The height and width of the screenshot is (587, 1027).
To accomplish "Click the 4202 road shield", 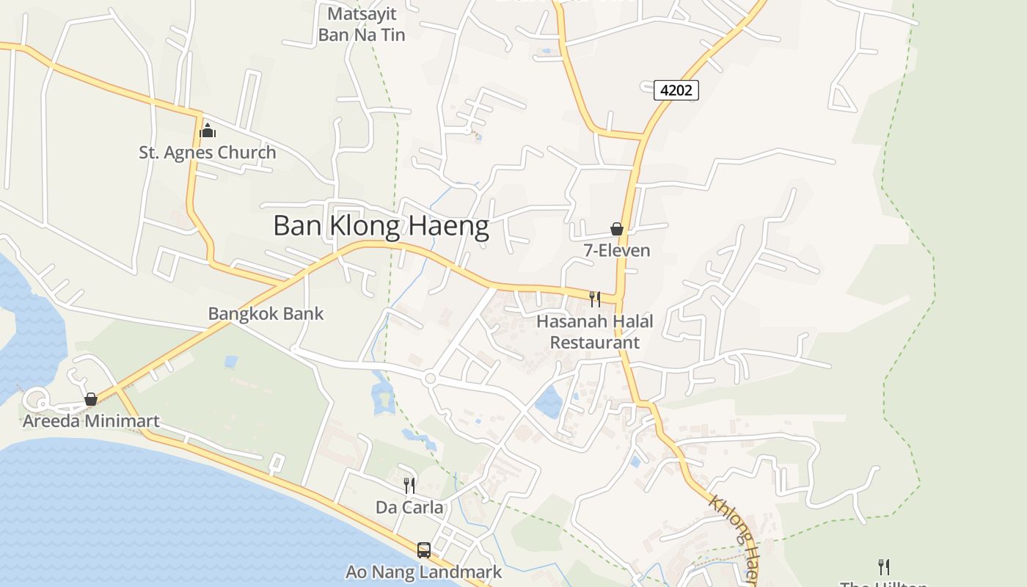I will tap(676, 90).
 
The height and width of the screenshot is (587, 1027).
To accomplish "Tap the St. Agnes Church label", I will tap(208, 153).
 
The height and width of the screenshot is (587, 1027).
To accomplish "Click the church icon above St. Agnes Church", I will tap(208, 131).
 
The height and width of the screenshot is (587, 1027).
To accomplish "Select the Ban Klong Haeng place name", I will tap(381, 226).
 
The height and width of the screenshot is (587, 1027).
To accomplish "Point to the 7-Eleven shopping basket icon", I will tap(617, 229).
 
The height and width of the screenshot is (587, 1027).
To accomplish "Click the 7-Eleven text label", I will tap(617, 250).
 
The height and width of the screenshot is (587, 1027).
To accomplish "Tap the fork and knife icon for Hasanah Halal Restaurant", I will tap(595, 299).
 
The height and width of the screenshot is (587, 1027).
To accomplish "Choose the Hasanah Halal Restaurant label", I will tap(595, 332).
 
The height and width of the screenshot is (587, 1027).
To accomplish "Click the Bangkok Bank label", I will tap(266, 313).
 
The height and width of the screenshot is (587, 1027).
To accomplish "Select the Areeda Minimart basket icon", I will tap(91, 399).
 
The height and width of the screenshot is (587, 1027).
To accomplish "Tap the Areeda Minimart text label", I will tap(91, 421).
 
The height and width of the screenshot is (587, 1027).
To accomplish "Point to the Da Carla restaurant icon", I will tap(409, 485).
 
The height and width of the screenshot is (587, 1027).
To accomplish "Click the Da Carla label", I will tap(409, 507).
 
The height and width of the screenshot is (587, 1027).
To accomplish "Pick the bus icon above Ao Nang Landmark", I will tap(424, 550).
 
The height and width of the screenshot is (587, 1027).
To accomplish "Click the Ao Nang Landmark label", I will tap(424, 572).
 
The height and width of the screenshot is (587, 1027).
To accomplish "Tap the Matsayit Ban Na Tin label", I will tap(362, 24).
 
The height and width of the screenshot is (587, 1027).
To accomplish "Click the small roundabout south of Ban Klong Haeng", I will tap(431, 379).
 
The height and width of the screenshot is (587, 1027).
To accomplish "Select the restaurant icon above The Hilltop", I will tap(884, 566).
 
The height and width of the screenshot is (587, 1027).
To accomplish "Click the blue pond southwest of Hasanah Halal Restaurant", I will tap(548, 402).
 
